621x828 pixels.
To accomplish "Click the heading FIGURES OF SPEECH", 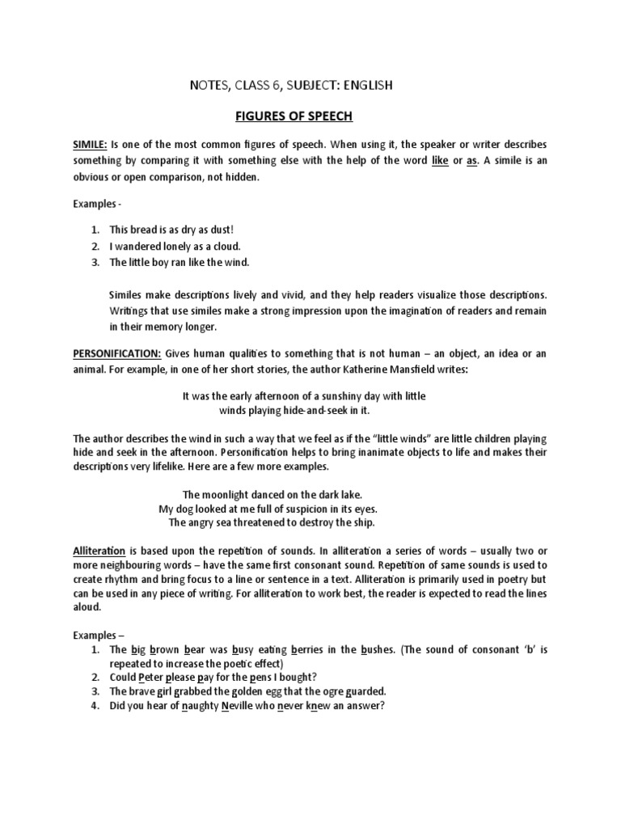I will click(x=294, y=116).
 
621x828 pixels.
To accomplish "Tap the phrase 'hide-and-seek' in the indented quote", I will click(x=306, y=411).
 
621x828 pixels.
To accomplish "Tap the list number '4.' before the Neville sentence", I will click(x=95, y=705).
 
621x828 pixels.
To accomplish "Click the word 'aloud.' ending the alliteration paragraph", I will click(x=87, y=608).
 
